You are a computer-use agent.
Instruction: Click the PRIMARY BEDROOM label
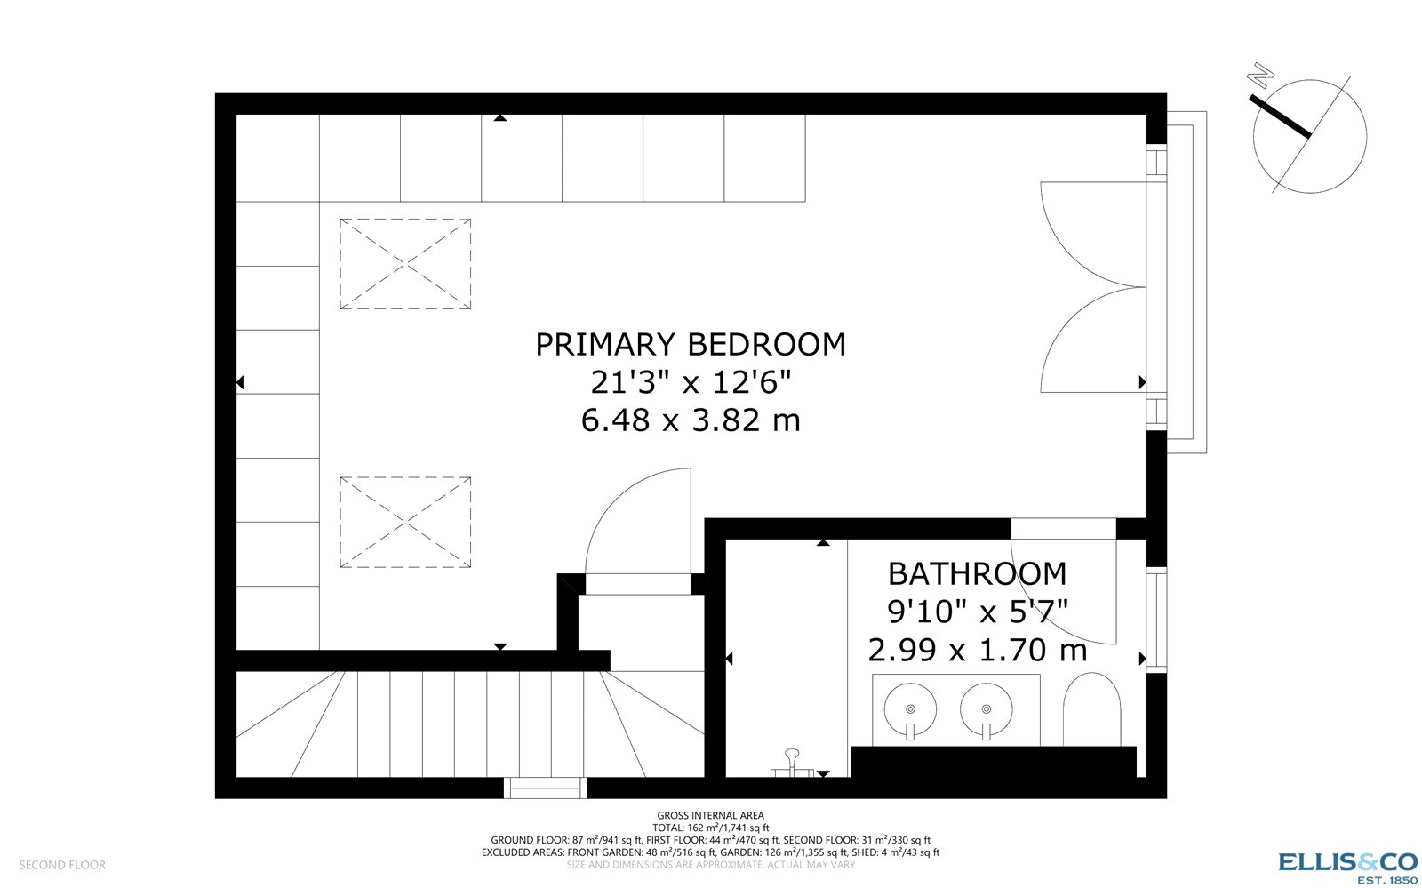tap(690, 345)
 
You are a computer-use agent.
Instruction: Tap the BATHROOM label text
tap(977, 574)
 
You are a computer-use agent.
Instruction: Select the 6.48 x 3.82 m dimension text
tap(690, 420)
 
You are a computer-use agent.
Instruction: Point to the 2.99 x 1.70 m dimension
tap(977, 651)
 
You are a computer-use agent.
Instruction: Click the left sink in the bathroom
tap(910, 709)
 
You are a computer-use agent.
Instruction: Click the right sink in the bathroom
tap(987, 709)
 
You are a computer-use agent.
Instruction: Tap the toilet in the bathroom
tap(1091, 709)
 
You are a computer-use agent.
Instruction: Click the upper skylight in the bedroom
tap(405, 264)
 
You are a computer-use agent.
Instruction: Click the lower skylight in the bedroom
tap(405, 522)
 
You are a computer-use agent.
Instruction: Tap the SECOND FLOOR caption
tap(62, 865)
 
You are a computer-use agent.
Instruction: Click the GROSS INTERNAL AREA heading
tap(710, 815)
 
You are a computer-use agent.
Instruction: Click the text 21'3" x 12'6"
tap(690, 383)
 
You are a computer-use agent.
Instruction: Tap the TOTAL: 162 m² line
tap(710, 828)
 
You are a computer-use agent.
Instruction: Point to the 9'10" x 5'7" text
tap(977, 612)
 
